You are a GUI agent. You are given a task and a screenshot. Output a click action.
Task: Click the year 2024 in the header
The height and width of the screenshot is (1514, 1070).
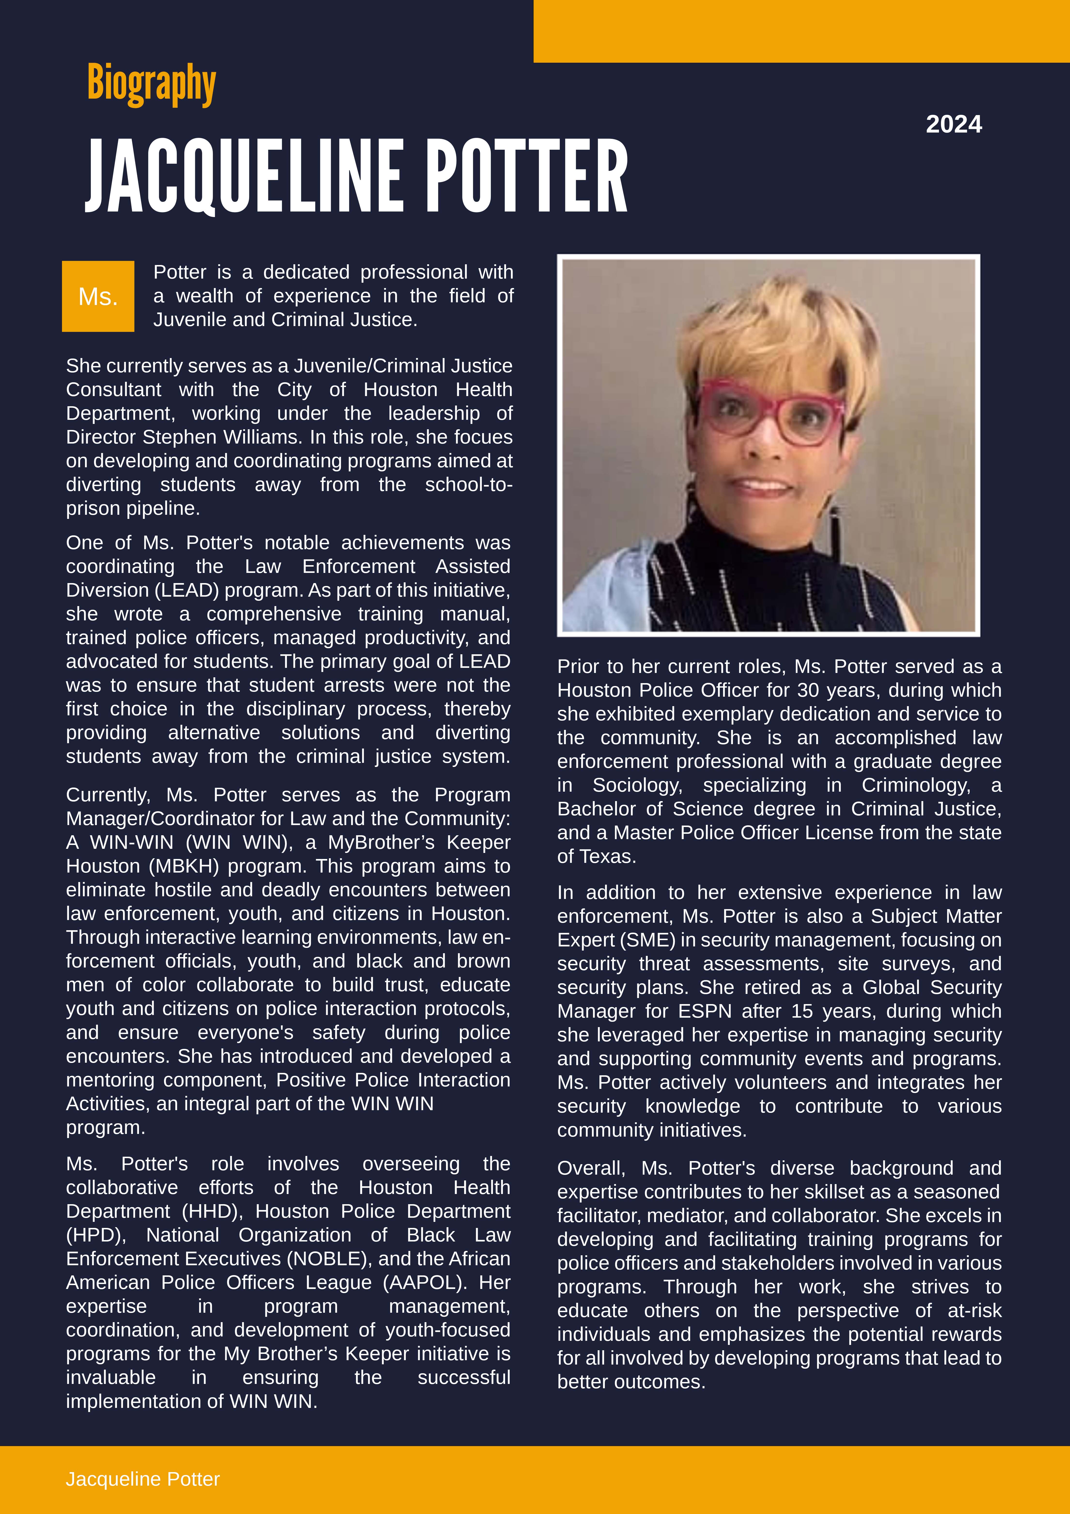953,124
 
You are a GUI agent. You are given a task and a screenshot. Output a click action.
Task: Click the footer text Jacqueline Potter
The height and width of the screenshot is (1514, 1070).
142,1479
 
